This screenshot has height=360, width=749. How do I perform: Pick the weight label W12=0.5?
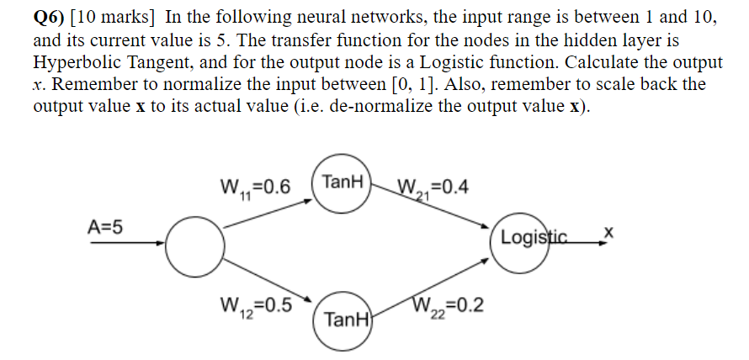click(254, 304)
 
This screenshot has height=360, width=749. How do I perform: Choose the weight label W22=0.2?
click(448, 304)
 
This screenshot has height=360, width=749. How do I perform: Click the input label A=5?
click(105, 225)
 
